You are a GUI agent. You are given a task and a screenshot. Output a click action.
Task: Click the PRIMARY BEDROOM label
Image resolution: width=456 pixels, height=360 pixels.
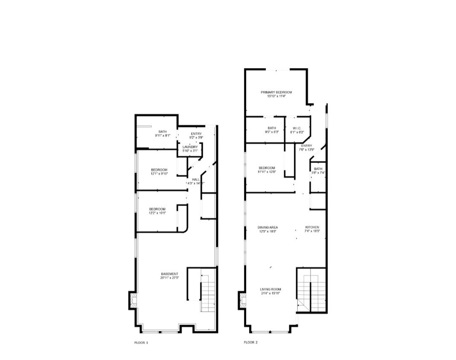(276, 92)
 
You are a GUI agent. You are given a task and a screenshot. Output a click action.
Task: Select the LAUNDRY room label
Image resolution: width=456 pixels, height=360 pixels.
(190, 147)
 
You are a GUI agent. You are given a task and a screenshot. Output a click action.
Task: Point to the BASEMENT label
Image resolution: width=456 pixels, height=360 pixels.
(169, 274)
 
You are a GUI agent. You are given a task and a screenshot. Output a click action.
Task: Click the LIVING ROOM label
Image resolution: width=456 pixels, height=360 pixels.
(270, 289)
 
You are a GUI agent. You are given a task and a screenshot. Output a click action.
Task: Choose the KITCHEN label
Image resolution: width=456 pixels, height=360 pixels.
(312, 227)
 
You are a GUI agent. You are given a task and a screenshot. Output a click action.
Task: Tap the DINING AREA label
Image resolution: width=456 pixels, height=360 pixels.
(267, 227)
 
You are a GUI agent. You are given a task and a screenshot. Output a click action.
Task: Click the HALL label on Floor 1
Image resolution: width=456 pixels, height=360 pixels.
(195, 180)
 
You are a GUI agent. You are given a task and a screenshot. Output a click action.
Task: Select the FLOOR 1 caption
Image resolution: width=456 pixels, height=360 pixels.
(141, 342)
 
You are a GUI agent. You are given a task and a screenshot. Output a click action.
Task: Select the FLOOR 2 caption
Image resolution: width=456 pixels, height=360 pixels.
(250, 342)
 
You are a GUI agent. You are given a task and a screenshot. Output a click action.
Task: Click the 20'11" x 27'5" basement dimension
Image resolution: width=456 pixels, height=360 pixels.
(169, 278)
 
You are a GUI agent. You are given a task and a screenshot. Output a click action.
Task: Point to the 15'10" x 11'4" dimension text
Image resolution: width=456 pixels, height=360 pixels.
(276, 96)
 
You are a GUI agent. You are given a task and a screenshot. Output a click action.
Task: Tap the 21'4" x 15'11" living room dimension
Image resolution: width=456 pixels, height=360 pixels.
(270, 293)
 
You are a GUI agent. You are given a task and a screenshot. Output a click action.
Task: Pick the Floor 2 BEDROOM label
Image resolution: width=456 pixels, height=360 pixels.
(267, 168)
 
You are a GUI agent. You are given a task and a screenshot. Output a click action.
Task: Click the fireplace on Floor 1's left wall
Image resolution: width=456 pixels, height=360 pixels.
(133, 300)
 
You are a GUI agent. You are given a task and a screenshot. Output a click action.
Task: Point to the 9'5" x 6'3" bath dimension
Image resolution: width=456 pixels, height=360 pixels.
(272, 132)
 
